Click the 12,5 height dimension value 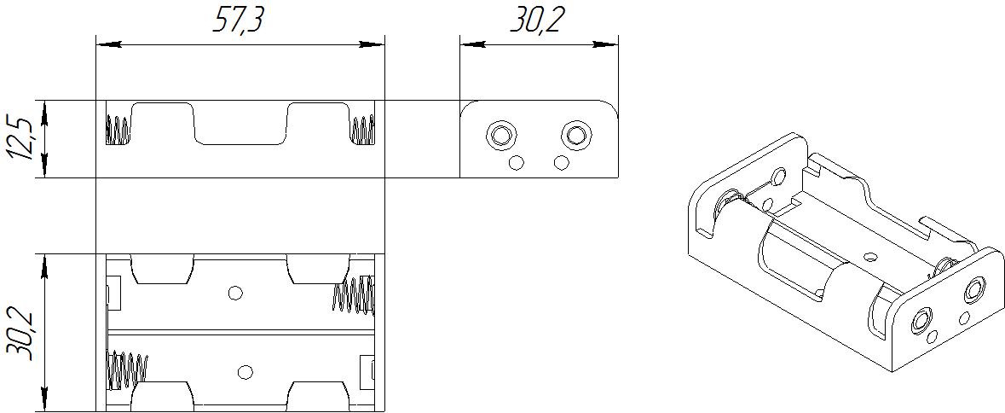click(x=21, y=139)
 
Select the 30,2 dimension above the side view click(x=538, y=20)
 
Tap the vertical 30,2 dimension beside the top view click(x=21, y=333)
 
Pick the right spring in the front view click(x=362, y=131)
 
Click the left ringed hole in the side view click(x=500, y=134)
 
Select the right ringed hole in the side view click(x=576, y=134)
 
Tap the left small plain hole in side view click(x=516, y=162)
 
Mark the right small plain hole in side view click(x=561, y=162)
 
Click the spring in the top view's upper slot click(x=353, y=294)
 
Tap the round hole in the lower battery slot click(x=246, y=371)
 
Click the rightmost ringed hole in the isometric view click(x=973, y=292)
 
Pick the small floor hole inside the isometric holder click(x=870, y=255)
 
